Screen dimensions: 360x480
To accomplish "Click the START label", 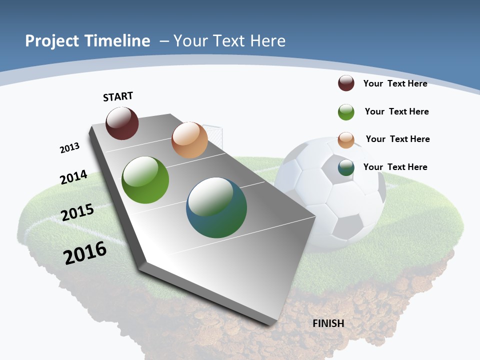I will tap(118, 96).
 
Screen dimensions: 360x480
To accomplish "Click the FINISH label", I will tap(328, 323).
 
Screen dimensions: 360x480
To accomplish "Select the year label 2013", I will tap(69, 148).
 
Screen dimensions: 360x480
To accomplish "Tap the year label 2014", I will tap(73, 177).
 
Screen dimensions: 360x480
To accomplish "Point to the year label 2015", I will tap(77, 212).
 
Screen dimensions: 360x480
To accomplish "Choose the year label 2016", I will tap(85, 253).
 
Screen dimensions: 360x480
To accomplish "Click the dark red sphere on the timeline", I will tap(122, 123).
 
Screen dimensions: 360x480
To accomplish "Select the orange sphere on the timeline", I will tap(189, 140).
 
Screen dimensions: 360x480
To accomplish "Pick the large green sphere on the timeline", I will tap(145, 180).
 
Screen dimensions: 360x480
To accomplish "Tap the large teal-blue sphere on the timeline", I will tap(216, 207).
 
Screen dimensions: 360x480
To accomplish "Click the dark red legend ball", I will tap(346, 83).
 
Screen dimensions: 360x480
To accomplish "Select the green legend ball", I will tap(346, 112).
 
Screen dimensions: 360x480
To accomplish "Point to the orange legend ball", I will tap(346, 140).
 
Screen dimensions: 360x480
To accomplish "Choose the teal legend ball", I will tap(346, 167).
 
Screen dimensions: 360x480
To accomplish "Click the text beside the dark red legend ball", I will tap(395, 83).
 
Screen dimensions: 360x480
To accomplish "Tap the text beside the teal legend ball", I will tap(395, 167).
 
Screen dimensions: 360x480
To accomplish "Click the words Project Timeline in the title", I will tap(87, 40).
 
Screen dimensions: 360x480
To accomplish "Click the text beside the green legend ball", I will tap(396, 111).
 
